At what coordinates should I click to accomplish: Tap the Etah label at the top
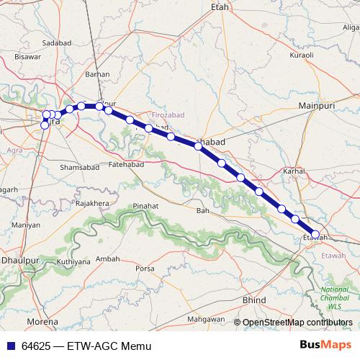(x=219, y=6)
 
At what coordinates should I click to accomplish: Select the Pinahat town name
(x=147, y=206)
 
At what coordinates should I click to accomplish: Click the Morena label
(x=42, y=321)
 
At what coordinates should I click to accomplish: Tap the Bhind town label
(x=254, y=299)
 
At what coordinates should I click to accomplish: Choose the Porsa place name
(x=145, y=269)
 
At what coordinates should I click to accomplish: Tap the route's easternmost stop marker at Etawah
(x=315, y=234)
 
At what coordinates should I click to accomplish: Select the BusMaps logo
(x=325, y=345)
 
